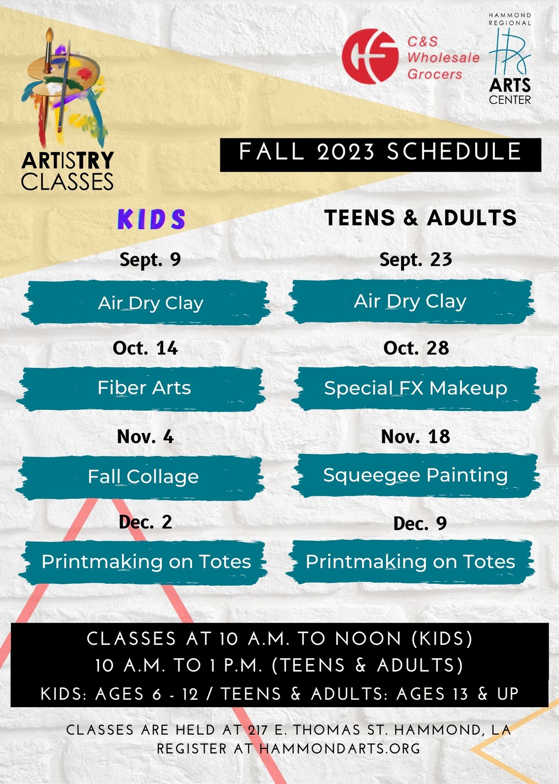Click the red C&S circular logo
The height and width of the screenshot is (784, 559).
pyautogui.click(x=370, y=56)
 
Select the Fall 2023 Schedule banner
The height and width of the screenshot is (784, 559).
pyautogui.click(x=380, y=155)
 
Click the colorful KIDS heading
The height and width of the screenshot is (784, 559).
pyautogui.click(x=151, y=219)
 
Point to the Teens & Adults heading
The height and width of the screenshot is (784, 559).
pyautogui.click(x=420, y=218)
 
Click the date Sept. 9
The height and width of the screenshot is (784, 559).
pyautogui.click(x=150, y=260)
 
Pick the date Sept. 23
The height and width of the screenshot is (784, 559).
pyautogui.click(x=416, y=260)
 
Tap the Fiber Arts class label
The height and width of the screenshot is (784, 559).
pyautogui.click(x=144, y=388)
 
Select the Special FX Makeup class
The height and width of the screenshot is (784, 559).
pyautogui.click(x=416, y=388)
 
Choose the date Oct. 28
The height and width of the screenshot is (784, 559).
pyautogui.click(x=416, y=348)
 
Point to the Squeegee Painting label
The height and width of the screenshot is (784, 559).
pyautogui.click(x=415, y=475)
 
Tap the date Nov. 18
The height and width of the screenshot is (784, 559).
pyautogui.click(x=416, y=437)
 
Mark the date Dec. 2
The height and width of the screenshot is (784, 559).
pyautogui.click(x=145, y=522)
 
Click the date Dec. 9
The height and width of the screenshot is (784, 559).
pyautogui.click(x=420, y=523)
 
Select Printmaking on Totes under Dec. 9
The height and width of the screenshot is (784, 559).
pyautogui.click(x=410, y=562)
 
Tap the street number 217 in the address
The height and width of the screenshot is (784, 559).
pyautogui.click(x=258, y=730)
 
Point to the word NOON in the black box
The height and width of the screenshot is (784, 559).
pyautogui.click(x=368, y=639)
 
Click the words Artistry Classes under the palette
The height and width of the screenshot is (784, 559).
pyautogui.click(x=67, y=171)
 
